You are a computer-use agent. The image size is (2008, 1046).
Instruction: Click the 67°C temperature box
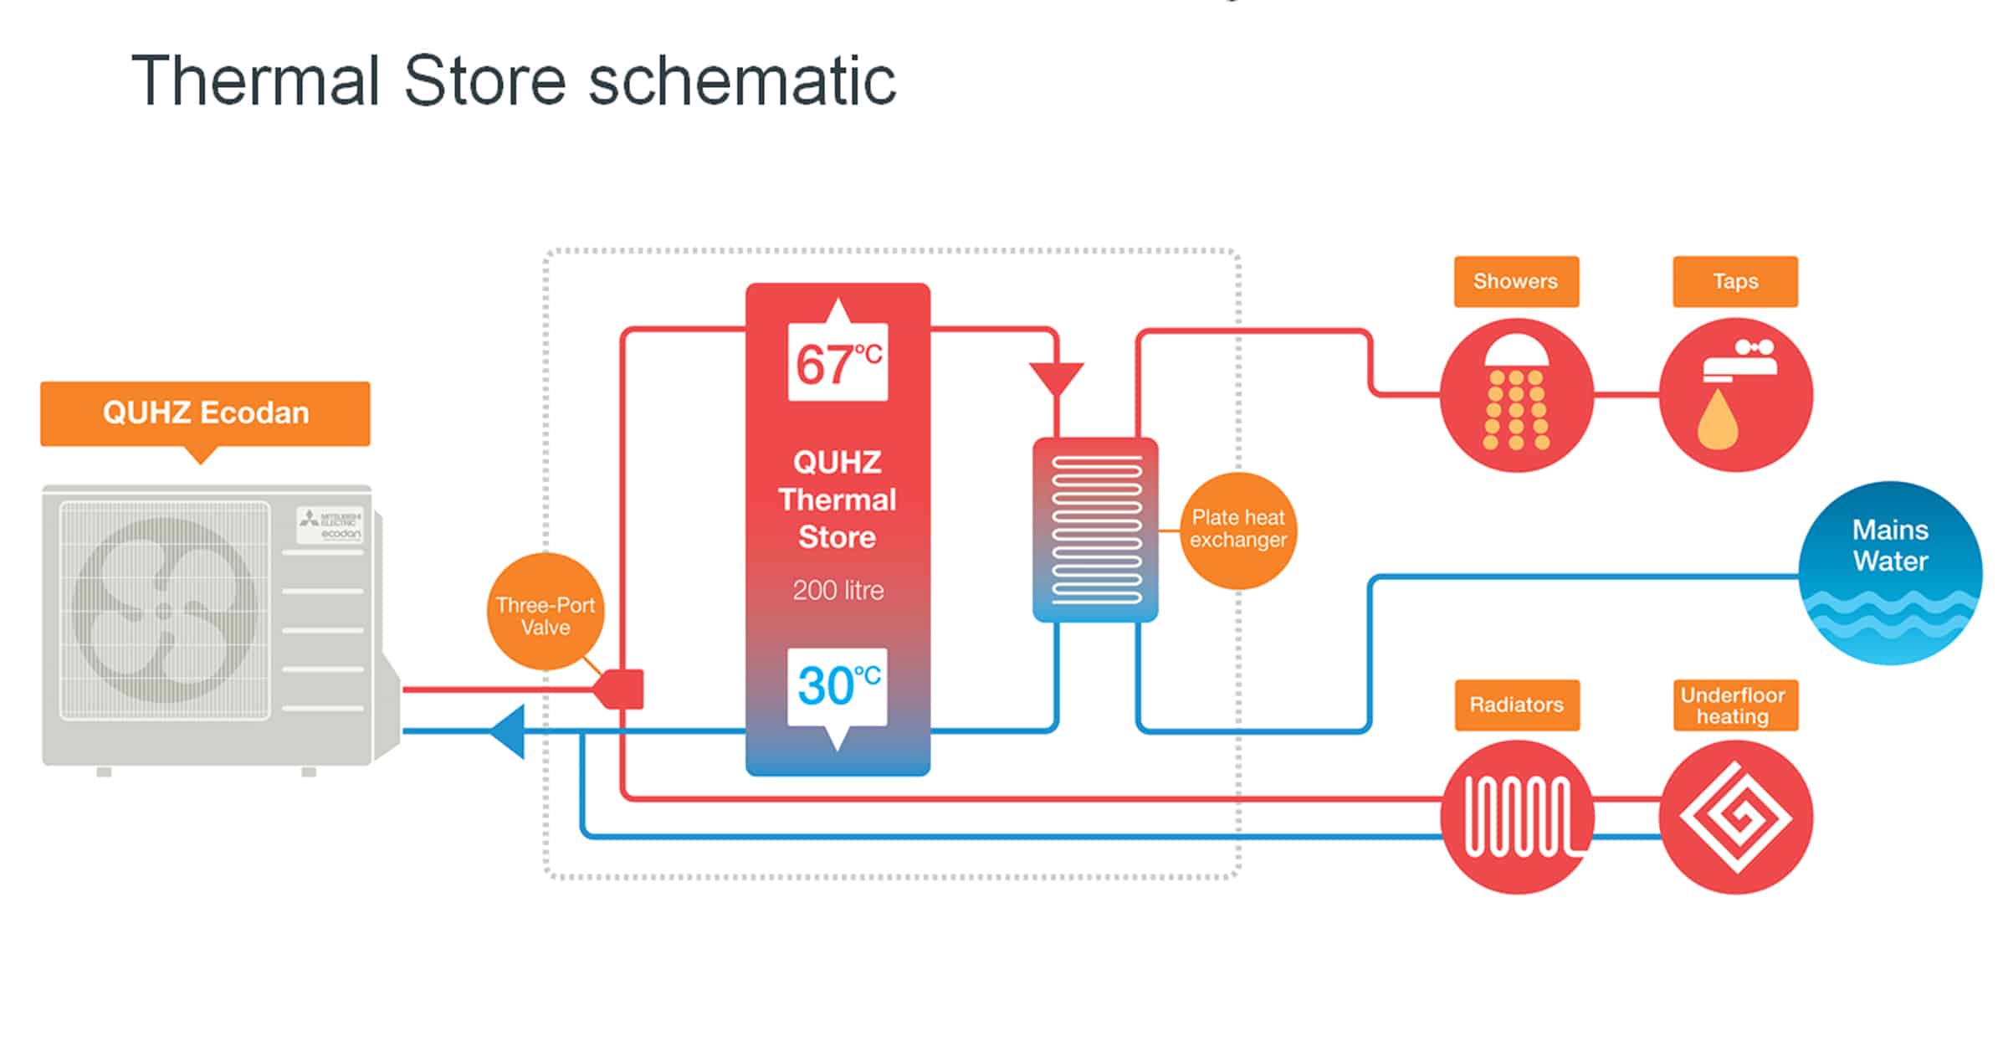click(838, 361)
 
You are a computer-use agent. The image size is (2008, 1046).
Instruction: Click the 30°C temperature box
click(838, 687)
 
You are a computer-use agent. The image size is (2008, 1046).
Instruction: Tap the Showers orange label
click(1516, 282)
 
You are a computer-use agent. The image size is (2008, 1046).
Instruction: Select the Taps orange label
click(1735, 282)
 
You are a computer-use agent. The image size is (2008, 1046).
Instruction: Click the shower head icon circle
click(1517, 395)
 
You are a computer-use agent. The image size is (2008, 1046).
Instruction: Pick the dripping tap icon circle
click(1736, 395)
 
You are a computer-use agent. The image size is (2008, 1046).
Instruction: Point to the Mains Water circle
click(1890, 573)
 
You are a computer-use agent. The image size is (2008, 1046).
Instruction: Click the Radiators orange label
click(1517, 705)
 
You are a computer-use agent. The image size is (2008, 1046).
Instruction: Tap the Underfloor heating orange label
click(1736, 705)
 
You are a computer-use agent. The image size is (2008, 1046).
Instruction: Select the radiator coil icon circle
click(1517, 818)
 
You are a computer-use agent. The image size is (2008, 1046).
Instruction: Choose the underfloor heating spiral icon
click(1736, 818)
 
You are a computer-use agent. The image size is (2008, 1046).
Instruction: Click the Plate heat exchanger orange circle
click(1238, 531)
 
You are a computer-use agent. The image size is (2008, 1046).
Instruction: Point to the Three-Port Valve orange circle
click(546, 612)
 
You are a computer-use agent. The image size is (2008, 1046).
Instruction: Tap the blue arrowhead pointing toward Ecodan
click(508, 731)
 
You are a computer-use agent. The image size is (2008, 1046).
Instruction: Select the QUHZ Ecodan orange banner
click(205, 414)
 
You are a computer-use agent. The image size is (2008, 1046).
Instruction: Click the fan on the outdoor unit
click(165, 609)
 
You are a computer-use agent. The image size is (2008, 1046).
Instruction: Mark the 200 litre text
click(838, 591)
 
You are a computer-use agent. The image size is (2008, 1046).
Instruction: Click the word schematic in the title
click(742, 81)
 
